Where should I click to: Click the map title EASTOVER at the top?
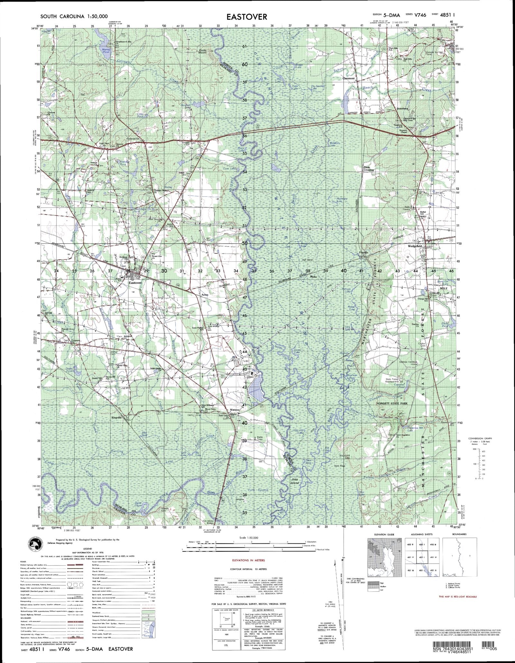coord(247,17)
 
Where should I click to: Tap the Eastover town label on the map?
coord(135,283)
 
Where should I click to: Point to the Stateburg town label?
coord(402,109)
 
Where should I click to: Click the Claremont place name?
coord(348,78)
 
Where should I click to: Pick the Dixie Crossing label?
coord(369,168)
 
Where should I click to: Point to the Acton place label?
coord(205,295)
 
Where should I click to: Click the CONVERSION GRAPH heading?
coord(480,438)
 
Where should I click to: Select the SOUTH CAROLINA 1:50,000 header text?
coord(74,16)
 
